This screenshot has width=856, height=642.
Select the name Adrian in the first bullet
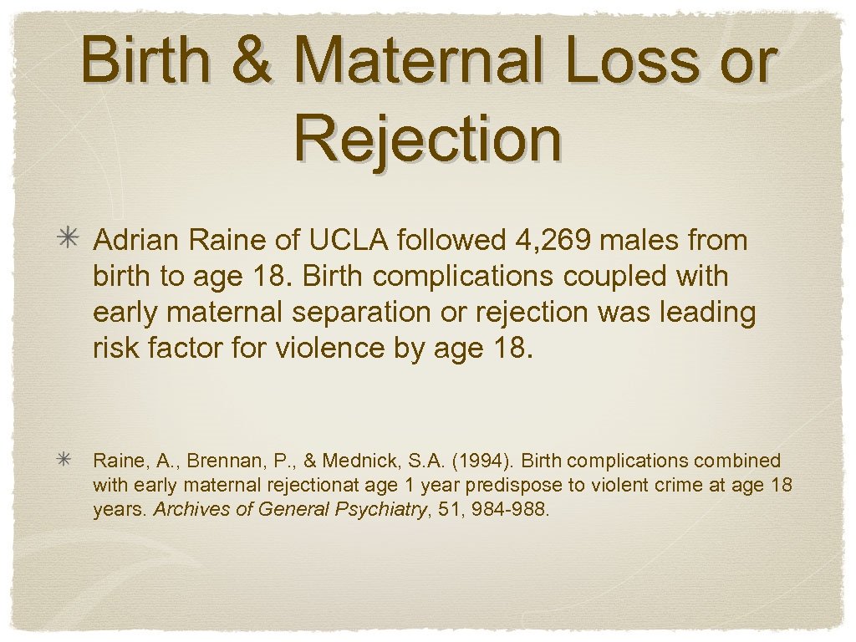point(138,241)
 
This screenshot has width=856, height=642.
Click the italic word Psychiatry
point(383,508)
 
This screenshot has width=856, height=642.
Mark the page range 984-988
point(513,508)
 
